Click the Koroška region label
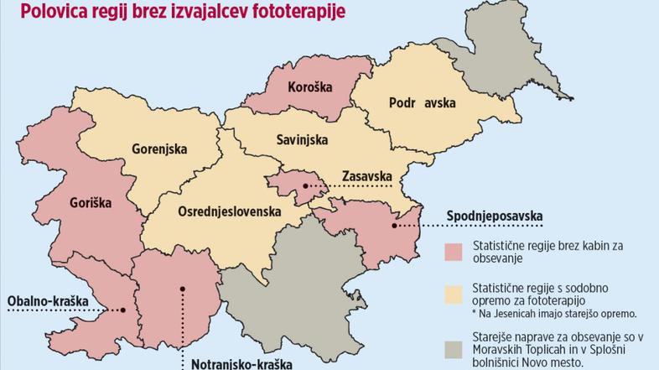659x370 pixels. coord(310,87)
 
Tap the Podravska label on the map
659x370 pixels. coord(422,103)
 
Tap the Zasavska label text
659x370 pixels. coord(368,176)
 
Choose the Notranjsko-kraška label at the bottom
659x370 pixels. coord(241,363)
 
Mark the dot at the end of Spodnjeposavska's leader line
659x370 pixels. coord(393,225)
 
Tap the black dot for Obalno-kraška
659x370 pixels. coord(123,310)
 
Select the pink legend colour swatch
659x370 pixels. coord(454,253)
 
